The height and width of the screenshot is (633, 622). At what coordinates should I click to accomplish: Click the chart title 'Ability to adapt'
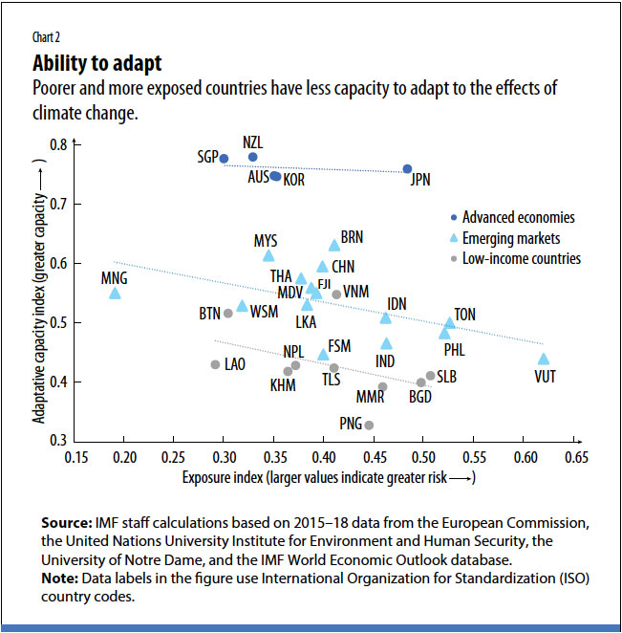coord(97,64)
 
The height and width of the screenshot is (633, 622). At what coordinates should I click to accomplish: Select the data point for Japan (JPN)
coord(407,169)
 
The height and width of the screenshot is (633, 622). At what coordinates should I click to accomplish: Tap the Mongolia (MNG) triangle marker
coord(115,294)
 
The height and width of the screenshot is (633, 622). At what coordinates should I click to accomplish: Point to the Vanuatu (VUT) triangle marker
coord(544,360)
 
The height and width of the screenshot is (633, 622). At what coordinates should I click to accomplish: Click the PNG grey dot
coord(369,426)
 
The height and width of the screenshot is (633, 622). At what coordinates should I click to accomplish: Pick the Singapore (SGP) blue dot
coord(224,159)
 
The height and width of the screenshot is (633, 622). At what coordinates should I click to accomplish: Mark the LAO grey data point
coord(215,364)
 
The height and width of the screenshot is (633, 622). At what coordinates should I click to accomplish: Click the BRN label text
coord(353,236)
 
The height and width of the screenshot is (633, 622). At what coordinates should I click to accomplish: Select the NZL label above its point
coord(252,142)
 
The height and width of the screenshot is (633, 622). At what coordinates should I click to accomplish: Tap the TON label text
coord(465,314)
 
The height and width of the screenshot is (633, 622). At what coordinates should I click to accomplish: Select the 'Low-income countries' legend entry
coord(521,258)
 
